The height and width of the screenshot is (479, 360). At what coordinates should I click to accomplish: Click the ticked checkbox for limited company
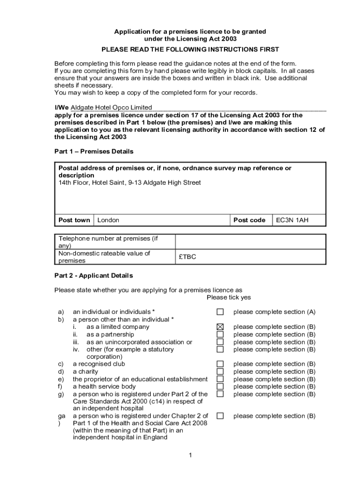point(220,327)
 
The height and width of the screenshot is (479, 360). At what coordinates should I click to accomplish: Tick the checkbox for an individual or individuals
point(220,312)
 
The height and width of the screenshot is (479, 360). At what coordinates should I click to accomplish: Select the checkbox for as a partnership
point(220,334)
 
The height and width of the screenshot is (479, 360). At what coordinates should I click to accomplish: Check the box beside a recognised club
point(220,364)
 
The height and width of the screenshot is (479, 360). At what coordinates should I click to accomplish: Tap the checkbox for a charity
point(220,371)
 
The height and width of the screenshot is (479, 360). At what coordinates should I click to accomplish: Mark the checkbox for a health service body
point(220,386)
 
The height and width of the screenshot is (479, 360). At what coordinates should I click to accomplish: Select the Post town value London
point(108,220)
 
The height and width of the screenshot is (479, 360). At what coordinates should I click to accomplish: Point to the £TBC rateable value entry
point(187,257)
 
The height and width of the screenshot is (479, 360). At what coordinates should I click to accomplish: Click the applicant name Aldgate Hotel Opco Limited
point(111,108)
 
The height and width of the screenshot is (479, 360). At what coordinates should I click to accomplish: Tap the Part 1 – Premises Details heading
point(94,152)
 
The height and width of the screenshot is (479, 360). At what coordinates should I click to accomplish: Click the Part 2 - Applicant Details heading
point(94,276)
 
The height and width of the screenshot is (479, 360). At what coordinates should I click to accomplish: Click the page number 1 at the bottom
point(191,455)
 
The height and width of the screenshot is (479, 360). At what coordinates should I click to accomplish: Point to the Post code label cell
point(250,220)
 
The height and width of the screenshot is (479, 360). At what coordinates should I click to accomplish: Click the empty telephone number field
point(250,242)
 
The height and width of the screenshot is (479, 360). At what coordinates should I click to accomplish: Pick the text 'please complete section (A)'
point(274,312)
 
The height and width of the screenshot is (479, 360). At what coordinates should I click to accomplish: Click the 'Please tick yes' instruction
point(229,298)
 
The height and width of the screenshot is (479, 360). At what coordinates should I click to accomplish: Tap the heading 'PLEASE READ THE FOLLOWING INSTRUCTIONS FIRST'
point(190,49)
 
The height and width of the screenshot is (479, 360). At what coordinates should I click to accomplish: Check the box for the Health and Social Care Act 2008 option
point(220,416)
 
